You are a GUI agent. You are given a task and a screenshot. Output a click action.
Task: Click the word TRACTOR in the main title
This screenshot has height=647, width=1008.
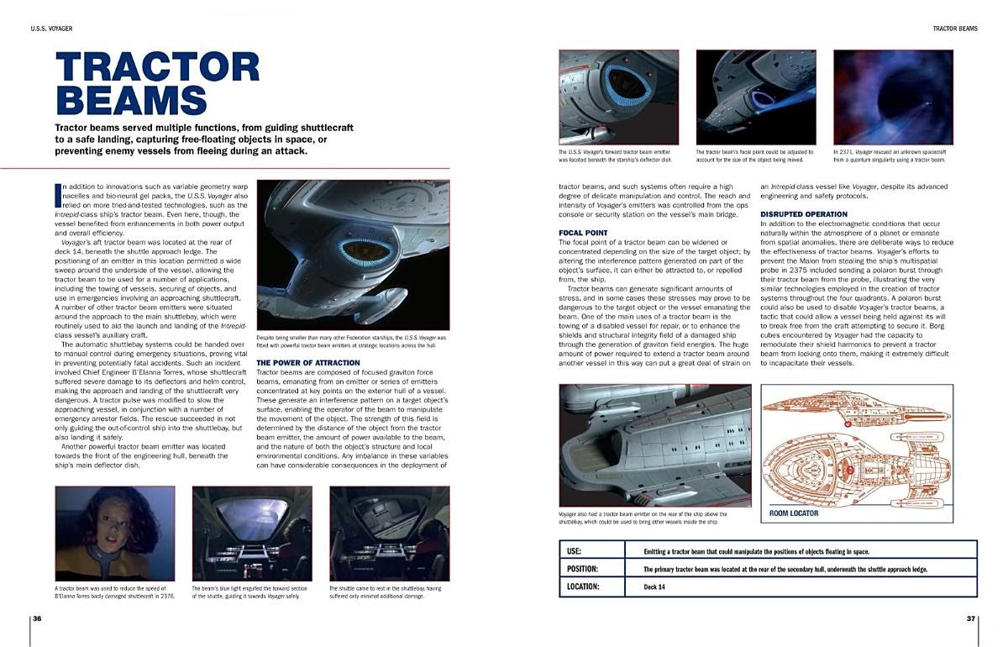[x=157, y=68]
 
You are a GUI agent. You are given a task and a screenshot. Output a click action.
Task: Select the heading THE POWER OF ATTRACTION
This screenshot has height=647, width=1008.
[x=307, y=363]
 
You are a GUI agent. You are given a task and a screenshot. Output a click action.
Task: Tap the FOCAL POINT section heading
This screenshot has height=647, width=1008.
[x=583, y=232]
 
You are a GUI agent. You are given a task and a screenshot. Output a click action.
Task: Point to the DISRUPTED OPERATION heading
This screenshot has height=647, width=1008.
[x=804, y=214]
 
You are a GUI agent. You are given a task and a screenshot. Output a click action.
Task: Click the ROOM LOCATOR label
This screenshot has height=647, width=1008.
[x=794, y=513]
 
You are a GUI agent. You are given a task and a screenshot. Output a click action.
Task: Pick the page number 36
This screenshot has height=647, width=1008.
[x=37, y=618]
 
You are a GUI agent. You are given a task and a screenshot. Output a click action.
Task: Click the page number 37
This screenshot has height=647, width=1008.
[x=971, y=618]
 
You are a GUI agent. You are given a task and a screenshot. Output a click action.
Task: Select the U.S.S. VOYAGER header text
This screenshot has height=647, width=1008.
[x=51, y=29]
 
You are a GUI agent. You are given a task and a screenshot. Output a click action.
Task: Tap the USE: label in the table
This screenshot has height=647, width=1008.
[x=575, y=551]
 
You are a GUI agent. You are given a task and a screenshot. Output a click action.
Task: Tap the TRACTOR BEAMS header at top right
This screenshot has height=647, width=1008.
[x=955, y=29]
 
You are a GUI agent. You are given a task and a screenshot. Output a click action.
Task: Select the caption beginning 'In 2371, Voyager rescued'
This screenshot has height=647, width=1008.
[x=890, y=155]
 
